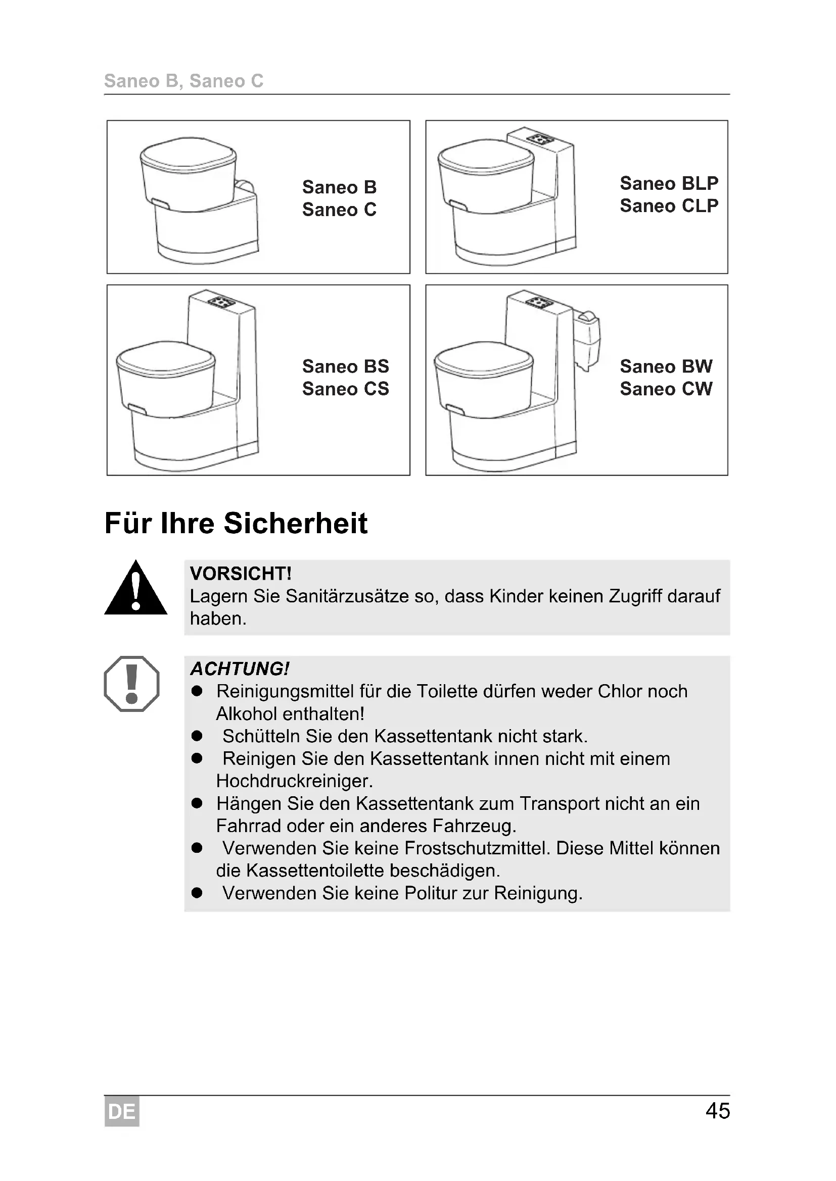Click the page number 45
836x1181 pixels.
717,1111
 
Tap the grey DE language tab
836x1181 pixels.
121,1111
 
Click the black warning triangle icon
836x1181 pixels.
135,589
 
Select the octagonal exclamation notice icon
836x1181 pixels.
132,684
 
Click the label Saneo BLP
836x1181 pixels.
669,184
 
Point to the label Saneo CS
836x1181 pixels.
345,389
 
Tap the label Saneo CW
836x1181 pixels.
666,389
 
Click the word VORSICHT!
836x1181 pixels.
241,574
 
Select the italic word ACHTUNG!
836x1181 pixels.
240,669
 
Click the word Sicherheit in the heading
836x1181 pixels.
296,524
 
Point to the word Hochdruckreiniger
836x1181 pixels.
294,781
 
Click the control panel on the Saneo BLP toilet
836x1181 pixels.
540,139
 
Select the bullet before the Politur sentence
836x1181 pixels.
197,893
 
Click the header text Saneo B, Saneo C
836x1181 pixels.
184,81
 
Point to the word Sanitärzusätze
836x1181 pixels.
350,596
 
